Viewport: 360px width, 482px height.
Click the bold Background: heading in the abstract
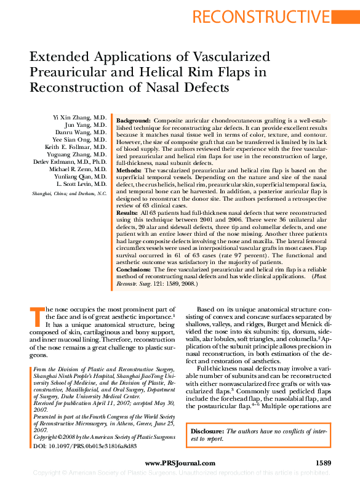(134, 121)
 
